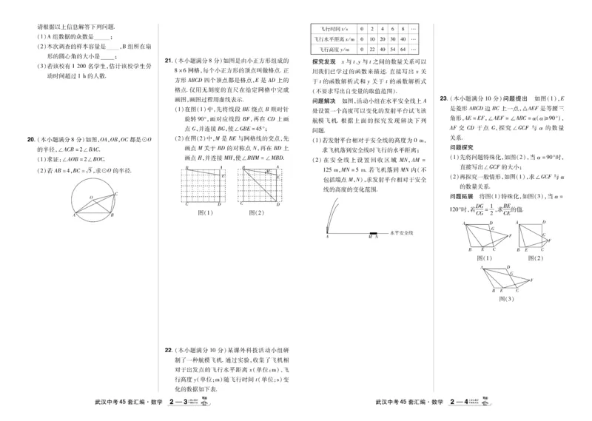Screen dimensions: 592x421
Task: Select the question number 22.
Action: pyautogui.click(x=169, y=351)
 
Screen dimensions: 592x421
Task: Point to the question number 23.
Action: pyautogui.click(x=443, y=98)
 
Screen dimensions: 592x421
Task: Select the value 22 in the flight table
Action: pyautogui.click(x=360, y=49)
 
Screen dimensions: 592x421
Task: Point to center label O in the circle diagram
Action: pyautogui.click(x=92, y=198)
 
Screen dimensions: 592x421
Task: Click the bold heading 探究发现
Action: pyautogui.click(x=324, y=61)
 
